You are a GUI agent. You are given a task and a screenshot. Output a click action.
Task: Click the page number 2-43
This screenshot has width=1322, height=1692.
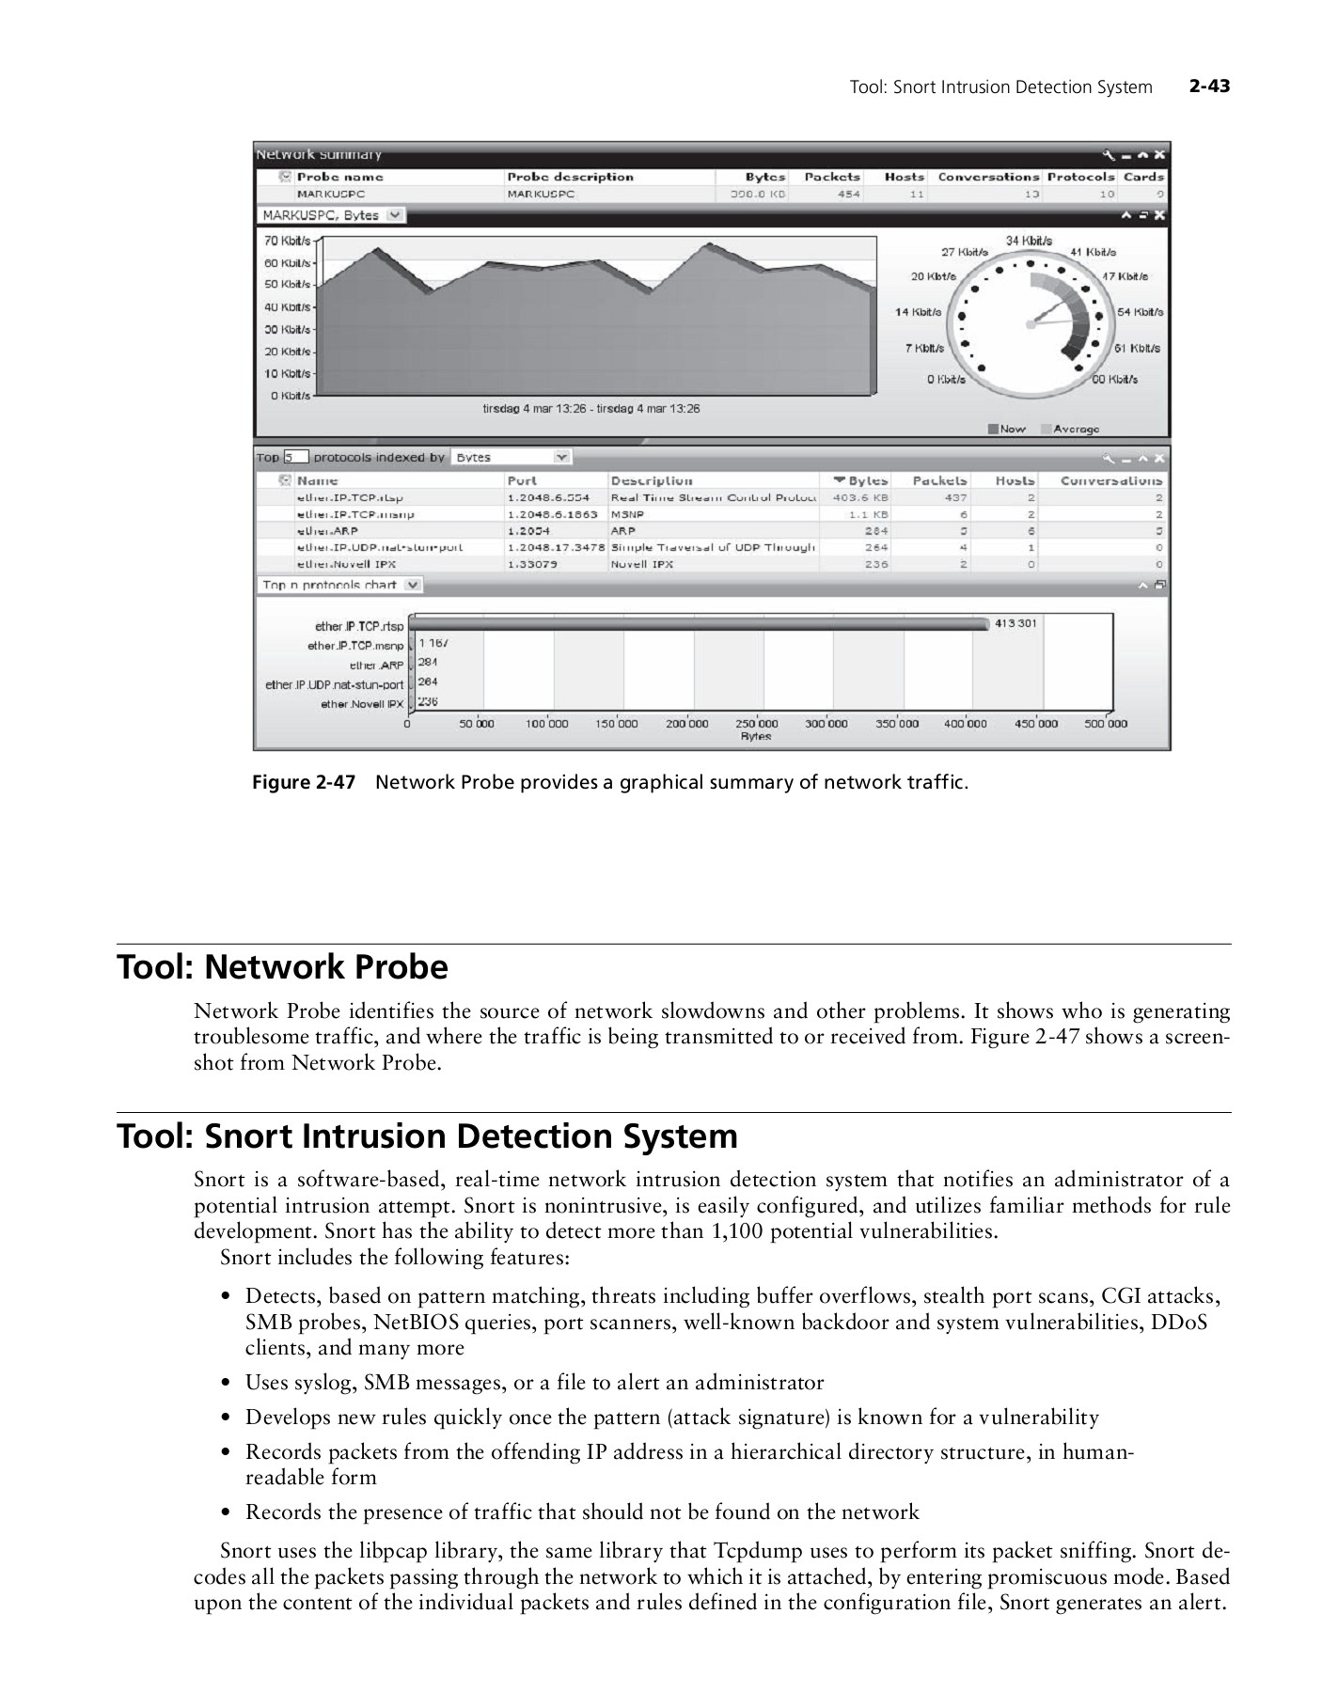(x=1209, y=86)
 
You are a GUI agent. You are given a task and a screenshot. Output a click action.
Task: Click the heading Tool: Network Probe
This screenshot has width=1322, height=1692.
(x=282, y=967)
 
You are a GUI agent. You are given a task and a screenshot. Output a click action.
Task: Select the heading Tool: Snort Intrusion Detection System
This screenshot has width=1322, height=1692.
(x=427, y=1136)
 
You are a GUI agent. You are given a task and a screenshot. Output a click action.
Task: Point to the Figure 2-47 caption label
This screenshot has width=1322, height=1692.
(x=303, y=782)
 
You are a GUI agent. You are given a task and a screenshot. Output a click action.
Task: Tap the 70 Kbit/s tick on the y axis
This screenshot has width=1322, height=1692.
(x=287, y=241)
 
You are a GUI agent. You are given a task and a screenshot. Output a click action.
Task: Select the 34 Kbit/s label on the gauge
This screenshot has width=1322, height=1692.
(x=1029, y=241)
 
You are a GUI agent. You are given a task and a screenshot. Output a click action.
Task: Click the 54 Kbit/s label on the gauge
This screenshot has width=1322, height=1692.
(x=1140, y=312)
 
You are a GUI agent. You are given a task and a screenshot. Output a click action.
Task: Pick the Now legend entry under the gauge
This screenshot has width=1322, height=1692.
(x=1007, y=429)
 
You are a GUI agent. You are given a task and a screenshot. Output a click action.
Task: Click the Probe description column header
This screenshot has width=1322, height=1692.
(x=570, y=177)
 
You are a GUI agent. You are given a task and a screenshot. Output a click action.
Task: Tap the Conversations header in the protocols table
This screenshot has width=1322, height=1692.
(x=1110, y=480)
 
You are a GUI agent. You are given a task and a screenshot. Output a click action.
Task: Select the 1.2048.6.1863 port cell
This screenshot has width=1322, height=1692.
(x=552, y=514)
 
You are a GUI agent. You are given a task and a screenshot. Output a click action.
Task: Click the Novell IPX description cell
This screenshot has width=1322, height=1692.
(x=641, y=564)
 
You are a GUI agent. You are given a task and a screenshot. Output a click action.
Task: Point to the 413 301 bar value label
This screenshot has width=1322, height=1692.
(x=1015, y=623)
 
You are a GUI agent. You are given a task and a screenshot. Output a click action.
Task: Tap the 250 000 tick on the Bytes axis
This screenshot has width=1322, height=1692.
(x=757, y=724)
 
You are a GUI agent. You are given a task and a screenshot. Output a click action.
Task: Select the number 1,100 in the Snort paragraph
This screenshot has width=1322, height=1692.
(x=736, y=1231)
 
